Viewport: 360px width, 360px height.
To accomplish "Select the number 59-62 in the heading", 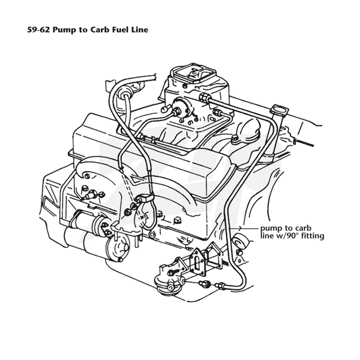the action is [x=39, y=30].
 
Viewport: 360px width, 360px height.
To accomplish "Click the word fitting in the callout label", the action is [x=314, y=236].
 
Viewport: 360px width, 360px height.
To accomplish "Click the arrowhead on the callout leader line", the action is [x=240, y=229].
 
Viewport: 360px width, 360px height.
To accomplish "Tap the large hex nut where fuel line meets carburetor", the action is [x=204, y=97].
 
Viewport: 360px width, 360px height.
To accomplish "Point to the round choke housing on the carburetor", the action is [x=182, y=108].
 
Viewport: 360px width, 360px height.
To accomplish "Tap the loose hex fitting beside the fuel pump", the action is [x=204, y=284].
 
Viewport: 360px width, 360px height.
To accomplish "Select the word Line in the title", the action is [x=139, y=30].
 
